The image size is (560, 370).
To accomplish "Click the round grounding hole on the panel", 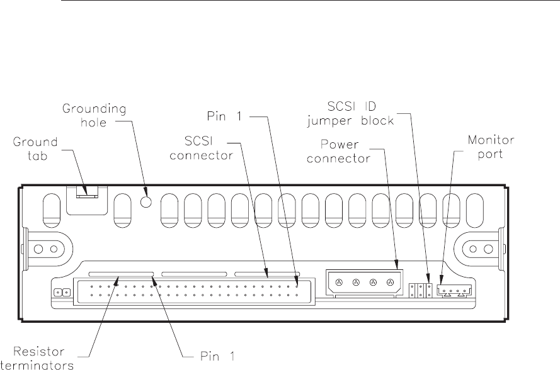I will tap(146, 201).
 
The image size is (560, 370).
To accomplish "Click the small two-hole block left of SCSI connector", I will tap(62, 293).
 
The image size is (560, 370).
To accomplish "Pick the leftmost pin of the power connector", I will tap(339, 283).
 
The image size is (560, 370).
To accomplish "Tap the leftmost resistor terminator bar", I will tap(120, 274).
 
